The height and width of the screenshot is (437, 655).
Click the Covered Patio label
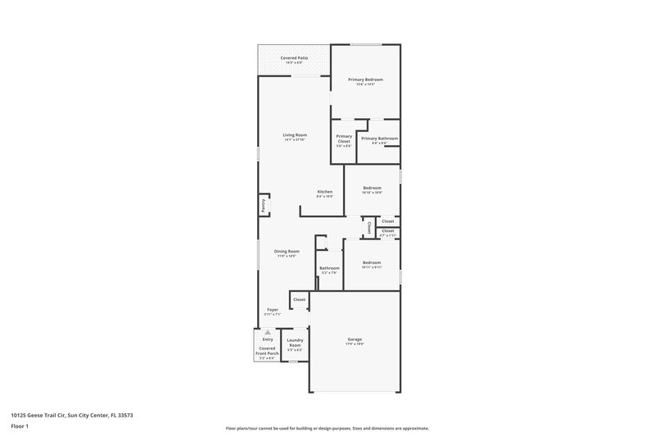pos(294,58)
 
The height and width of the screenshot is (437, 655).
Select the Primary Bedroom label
pos(365,80)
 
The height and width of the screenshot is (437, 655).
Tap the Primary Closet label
pos(344,139)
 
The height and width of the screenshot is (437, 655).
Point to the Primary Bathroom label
pos(379,138)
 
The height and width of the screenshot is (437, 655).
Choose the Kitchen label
pos(325,192)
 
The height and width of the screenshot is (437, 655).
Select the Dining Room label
pos(287,251)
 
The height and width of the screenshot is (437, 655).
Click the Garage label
pos(355,339)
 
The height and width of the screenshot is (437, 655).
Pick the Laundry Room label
pos(295,342)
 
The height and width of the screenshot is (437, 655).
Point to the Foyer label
pos(273,310)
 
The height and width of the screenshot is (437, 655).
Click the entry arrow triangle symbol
pos(267,332)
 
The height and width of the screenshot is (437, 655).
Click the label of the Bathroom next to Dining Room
pos(329,268)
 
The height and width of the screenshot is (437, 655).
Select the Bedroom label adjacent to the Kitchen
pos(373,188)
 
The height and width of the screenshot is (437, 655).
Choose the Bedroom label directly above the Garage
pos(373,262)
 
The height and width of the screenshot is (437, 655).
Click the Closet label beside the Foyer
pos(299,299)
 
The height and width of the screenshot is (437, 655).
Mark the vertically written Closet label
pos(369,226)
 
